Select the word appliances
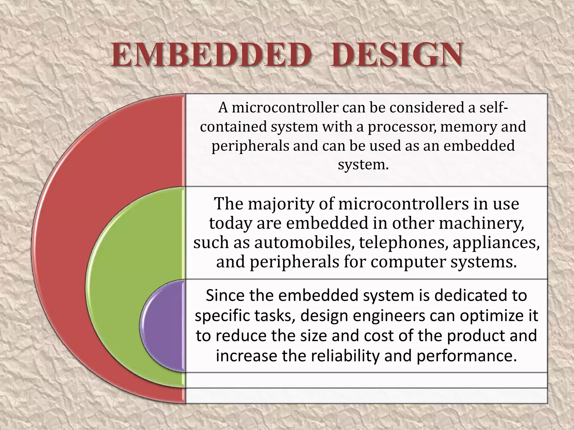(496, 243)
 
